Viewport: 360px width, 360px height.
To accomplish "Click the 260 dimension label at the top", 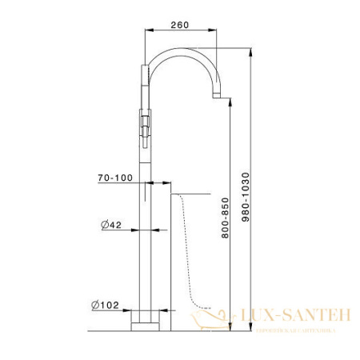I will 180,25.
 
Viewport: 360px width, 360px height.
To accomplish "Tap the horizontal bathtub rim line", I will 192,194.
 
